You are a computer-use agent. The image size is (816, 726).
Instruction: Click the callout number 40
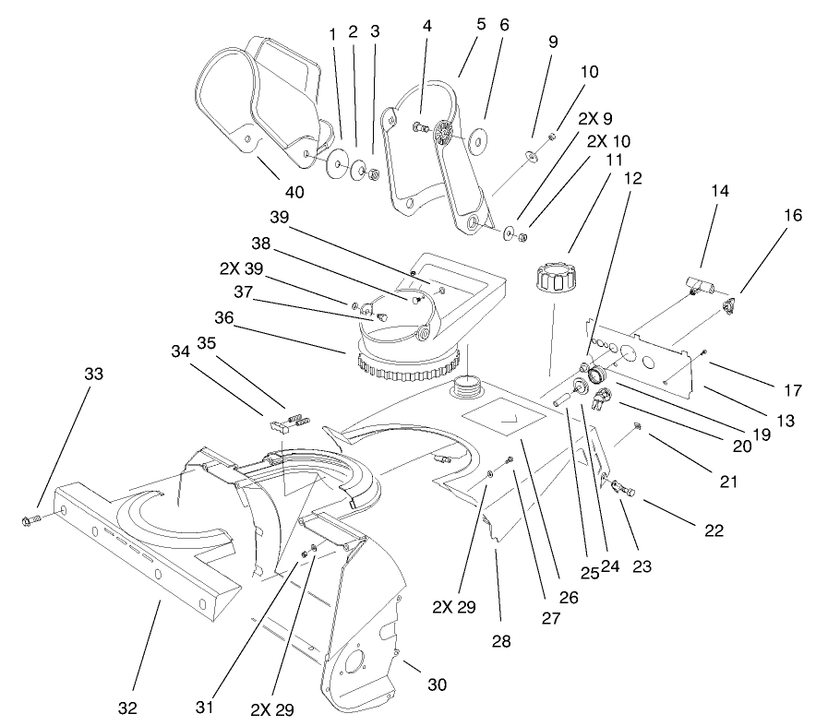pos(294,192)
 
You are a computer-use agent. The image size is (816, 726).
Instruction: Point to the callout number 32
pos(127,708)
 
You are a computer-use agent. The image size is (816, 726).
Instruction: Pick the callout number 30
pos(438,684)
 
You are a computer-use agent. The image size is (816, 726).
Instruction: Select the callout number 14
pos(719,191)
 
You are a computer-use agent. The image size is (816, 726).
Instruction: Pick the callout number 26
pos(568,597)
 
